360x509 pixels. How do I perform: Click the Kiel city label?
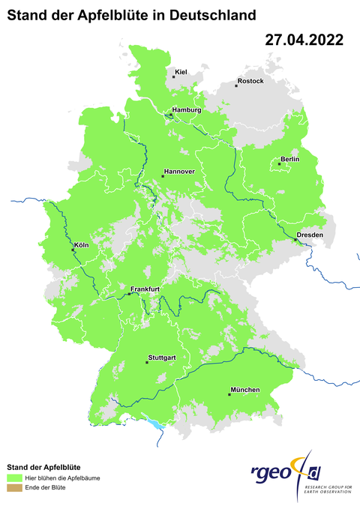[x=180, y=72]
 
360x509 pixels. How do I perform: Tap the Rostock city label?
[x=250, y=81]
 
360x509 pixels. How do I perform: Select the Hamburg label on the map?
[x=187, y=110]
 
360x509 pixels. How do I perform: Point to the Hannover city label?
[x=179, y=172]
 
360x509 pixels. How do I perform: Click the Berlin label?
[x=289, y=160]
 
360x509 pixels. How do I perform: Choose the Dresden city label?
[x=310, y=235]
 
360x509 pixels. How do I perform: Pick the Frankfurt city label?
[x=145, y=289]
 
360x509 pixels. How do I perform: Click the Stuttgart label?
[x=162, y=358]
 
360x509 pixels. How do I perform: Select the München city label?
[x=245, y=390]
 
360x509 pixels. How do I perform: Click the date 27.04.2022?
[x=304, y=40]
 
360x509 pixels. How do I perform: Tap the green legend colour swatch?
[x=14, y=477]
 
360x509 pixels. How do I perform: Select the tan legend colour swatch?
[x=14, y=487]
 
